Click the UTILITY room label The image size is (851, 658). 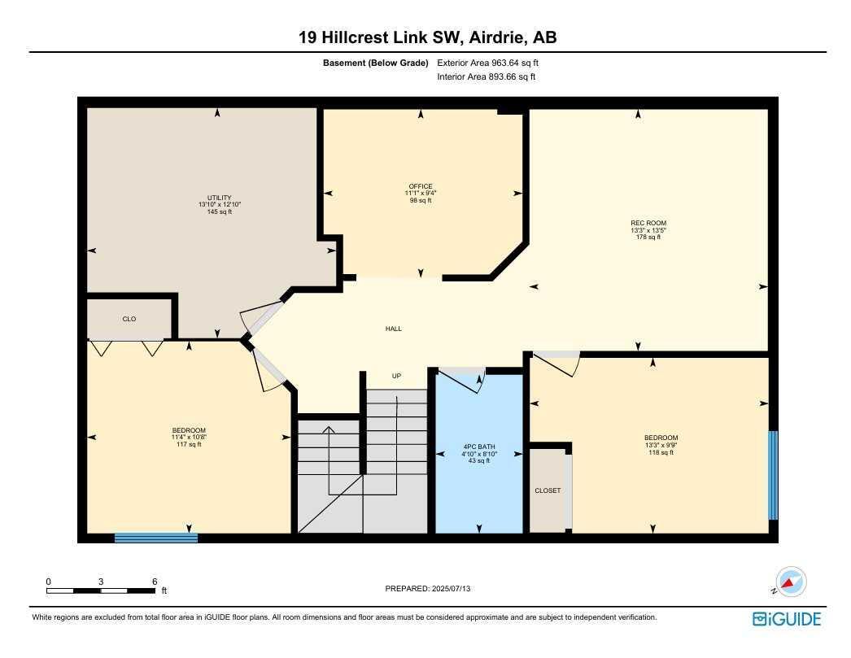(220, 198)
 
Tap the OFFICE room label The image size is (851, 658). (421, 186)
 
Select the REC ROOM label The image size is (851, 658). (648, 223)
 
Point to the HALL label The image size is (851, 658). (394, 328)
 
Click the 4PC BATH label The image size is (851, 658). (478, 447)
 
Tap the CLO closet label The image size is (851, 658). (129, 319)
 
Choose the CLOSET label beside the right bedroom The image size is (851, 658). (548, 490)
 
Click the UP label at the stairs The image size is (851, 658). (397, 376)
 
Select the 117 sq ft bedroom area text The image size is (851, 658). (189, 444)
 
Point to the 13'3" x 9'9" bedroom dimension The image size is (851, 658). (661, 446)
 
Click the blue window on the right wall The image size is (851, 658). (773, 475)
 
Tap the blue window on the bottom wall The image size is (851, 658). (155, 538)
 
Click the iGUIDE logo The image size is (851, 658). (787, 619)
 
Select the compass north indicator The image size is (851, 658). (790, 582)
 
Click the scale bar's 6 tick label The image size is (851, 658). (155, 582)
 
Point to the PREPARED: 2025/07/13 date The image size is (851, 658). (428, 589)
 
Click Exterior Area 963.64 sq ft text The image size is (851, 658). (487, 63)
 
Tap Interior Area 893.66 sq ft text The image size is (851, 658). (487, 77)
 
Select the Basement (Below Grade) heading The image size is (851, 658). (376, 63)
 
